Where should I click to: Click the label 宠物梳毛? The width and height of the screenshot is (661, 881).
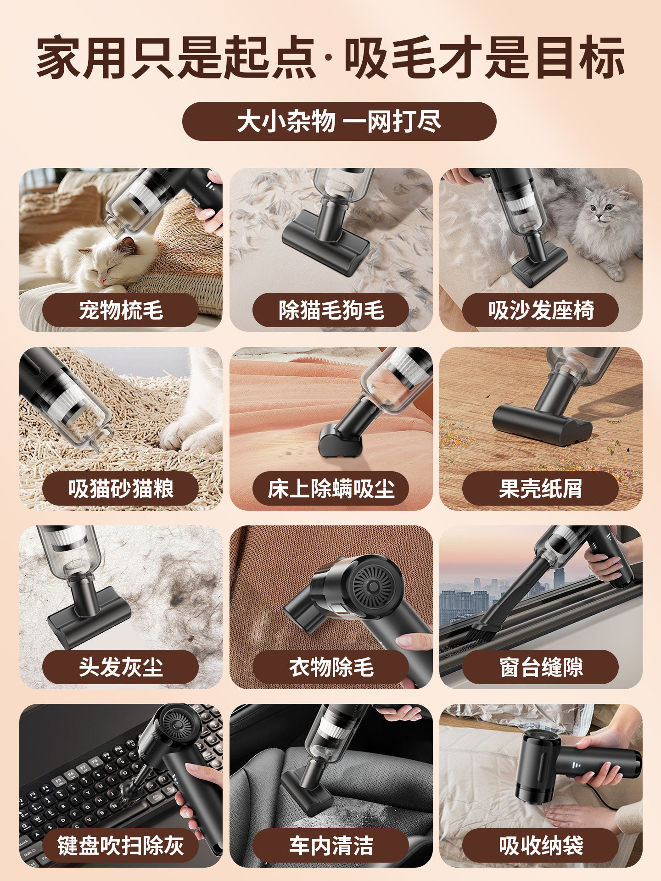click(121, 310)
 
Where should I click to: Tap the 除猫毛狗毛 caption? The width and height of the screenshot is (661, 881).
click(330, 310)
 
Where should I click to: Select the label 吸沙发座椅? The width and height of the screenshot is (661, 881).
click(541, 310)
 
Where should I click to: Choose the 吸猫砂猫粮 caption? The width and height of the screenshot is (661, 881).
click(121, 489)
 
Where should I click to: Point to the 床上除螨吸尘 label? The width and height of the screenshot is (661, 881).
click(330, 489)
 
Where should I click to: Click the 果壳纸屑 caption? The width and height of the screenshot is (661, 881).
click(541, 489)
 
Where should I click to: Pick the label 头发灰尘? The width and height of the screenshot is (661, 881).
click(121, 667)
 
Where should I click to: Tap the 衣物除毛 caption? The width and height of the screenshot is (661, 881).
click(330, 667)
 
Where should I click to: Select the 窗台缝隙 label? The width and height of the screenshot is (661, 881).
click(541, 667)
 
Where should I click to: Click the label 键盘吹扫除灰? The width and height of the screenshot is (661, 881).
click(121, 846)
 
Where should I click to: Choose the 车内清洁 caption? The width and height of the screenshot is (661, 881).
click(330, 846)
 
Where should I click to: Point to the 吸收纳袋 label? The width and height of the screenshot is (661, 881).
click(541, 846)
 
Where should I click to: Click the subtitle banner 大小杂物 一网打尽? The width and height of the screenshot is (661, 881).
click(339, 122)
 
